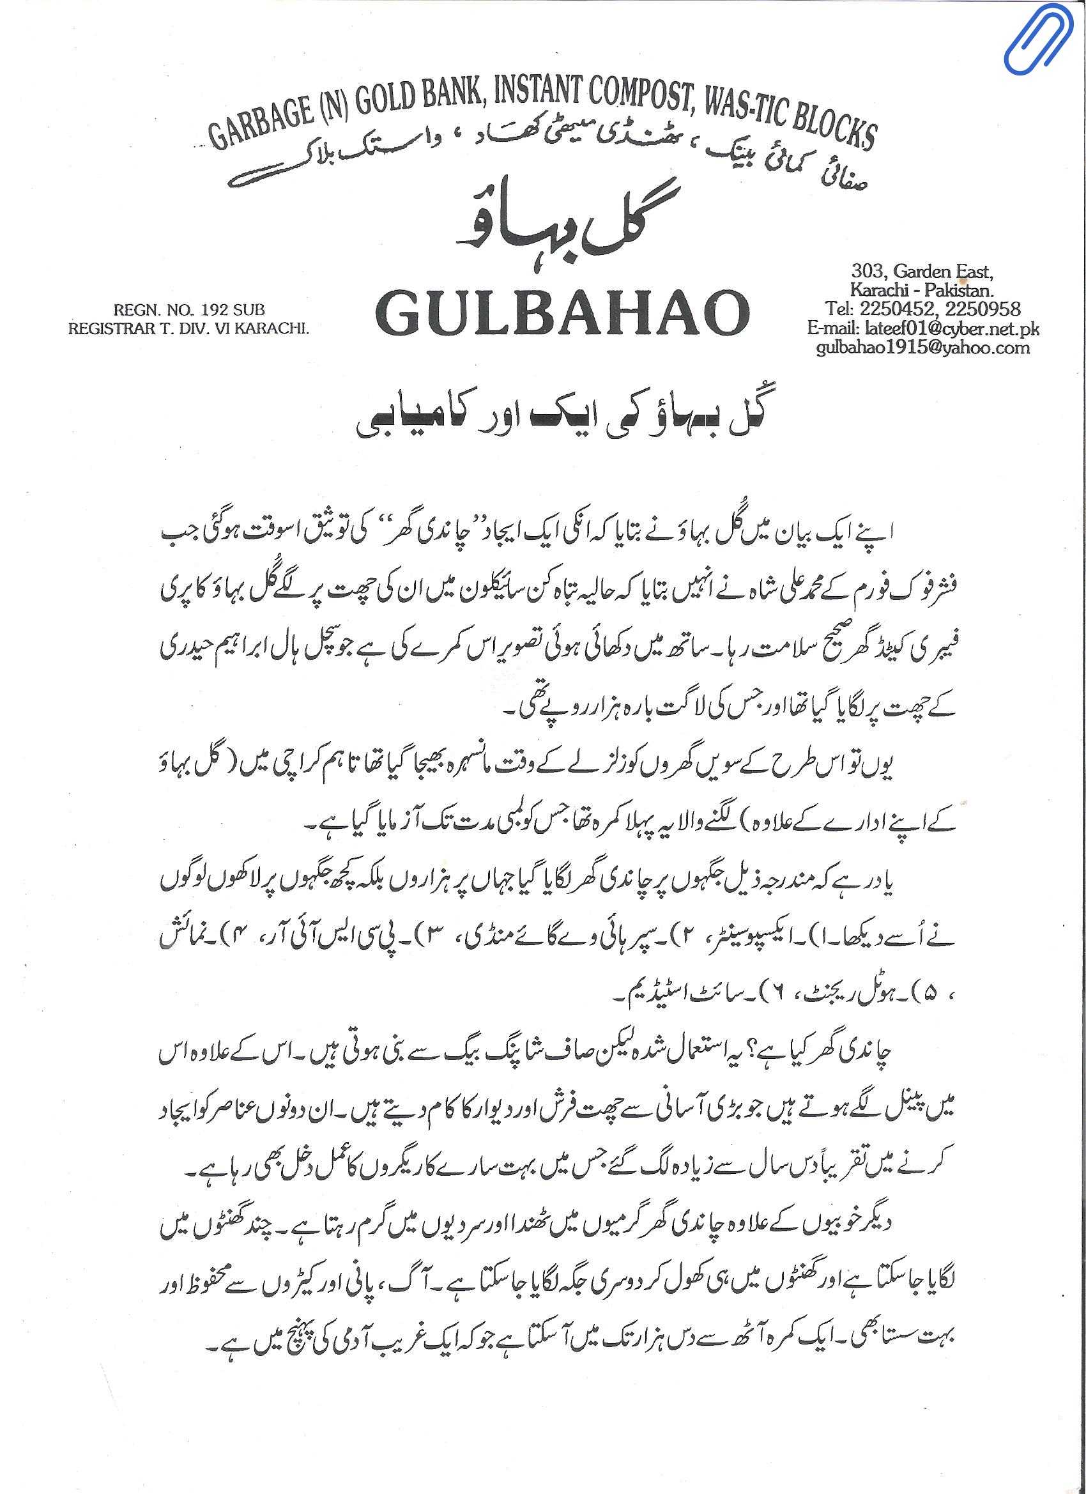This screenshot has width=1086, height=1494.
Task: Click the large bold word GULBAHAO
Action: coord(563,314)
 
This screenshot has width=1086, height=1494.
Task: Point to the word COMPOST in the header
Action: coord(635,95)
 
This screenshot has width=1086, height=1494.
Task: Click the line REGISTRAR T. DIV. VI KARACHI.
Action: coord(188,328)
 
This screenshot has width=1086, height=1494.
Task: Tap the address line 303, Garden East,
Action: coord(921,271)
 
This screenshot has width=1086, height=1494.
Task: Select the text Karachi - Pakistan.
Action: coord(921,290)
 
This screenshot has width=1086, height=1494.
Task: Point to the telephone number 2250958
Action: coord(983,308)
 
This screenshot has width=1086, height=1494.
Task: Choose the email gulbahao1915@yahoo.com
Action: coord(922,347)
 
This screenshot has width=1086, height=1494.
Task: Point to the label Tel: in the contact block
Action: coord(839,308)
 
